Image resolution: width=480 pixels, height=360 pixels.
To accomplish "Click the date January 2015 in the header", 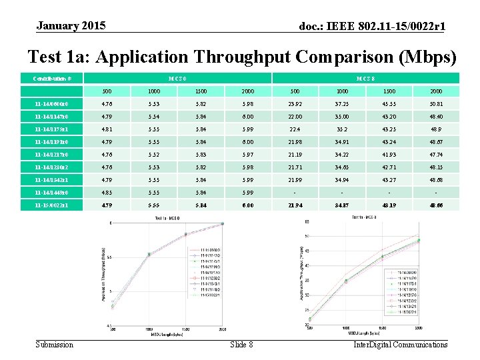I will (x=71, y=26).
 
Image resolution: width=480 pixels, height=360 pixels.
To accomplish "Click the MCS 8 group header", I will (x=365, y=79).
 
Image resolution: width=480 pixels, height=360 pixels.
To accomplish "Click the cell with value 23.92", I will (x=295, y=103).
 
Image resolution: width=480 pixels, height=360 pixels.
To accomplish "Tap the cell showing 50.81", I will (x=436, y=103).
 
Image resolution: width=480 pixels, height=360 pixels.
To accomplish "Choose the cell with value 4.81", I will (x=107, y=129).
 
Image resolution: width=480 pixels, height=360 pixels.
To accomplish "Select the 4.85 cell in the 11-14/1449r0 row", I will (x=107, y=192).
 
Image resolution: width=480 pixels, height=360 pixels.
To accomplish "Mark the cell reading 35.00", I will (x=342, y=116).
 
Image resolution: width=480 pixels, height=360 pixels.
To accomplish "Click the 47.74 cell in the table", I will (x=436, y=154).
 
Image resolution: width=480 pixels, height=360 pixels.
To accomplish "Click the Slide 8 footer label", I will (x=241, y=345).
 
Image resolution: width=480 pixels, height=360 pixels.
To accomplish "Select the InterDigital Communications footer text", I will (x=400, y=345).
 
